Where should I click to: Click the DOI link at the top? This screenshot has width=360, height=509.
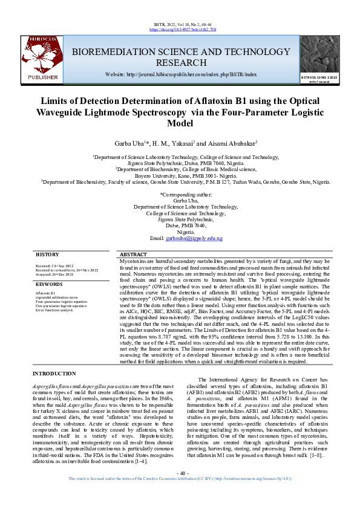click(180, 29)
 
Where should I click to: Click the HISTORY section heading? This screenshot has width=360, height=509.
click(47, 254)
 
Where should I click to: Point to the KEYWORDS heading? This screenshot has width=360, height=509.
click(49, 284)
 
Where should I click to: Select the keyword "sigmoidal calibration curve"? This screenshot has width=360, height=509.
click(56, 297)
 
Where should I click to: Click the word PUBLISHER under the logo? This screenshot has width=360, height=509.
click(43, 77)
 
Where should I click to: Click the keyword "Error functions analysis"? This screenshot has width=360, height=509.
click(54, 310)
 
